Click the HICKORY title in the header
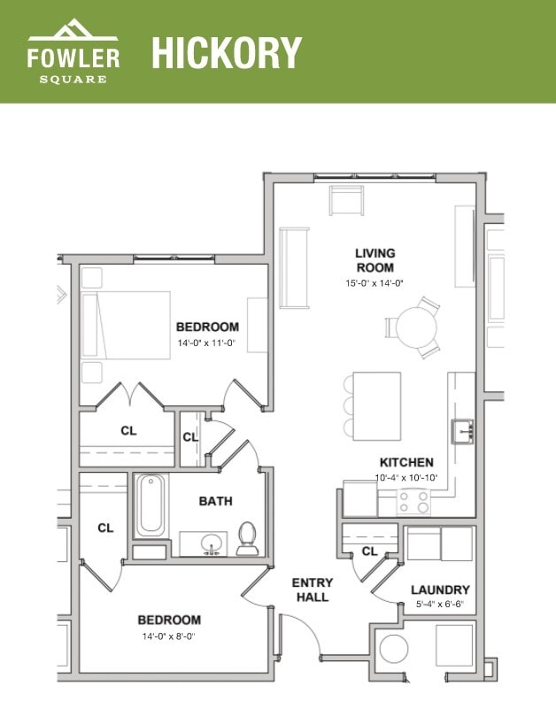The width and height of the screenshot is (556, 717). [x=227, y=52]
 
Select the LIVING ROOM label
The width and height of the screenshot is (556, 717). [x=375, y=260]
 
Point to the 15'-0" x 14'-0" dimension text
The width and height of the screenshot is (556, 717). [x=375, y=283]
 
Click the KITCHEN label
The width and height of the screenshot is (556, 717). [x=406, y=462]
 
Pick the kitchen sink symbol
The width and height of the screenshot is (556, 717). [x=463, y=431]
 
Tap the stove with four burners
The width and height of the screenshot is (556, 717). [x=412, y=502]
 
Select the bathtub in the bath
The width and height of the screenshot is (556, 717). [x=151, y=505]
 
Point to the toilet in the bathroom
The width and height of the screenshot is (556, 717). [x=247, y=538]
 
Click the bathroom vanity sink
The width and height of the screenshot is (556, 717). [x=212, y=543]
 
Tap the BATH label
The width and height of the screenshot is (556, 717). [x=215, y=501]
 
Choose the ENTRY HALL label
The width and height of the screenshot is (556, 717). [x=313, y=590]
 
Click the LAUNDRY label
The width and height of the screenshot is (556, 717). [x=440, y=590]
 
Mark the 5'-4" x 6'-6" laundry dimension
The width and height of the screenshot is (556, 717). [x=440, y=605]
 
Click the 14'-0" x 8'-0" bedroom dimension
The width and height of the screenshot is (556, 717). [x=168, y=636]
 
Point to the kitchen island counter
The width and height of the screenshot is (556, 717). [x=377, y=405]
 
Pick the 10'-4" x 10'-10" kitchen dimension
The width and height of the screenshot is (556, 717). [x=406, y=478]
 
